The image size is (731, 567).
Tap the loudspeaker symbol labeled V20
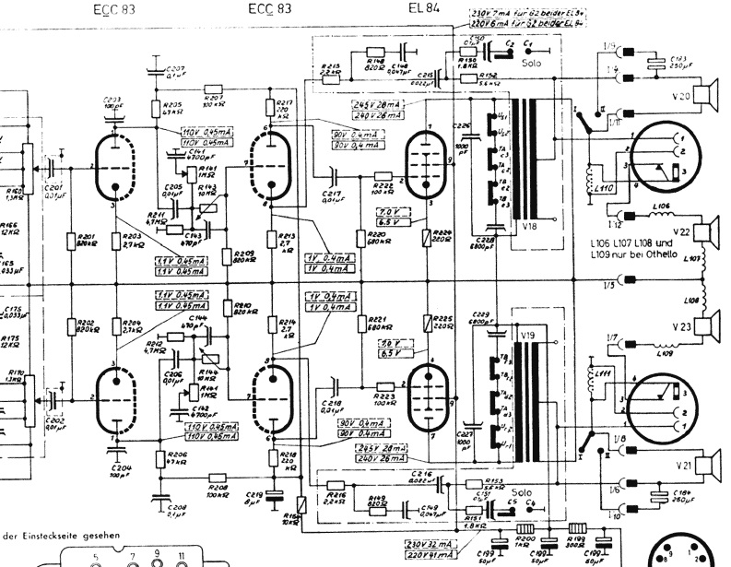[x=708, y=94]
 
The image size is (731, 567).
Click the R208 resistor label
[x=218, y=489]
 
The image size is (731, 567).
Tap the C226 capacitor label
[x=461, y=126]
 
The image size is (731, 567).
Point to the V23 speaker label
[x=708, y=325]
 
